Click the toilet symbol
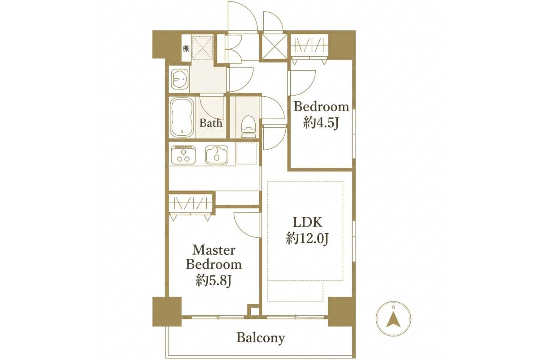click(249, 127)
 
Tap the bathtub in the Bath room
click(182, 117)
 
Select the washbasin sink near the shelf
click(179, 79)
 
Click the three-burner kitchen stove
click(183, 155)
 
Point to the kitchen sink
click(216, 155)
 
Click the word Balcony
click(261, 338)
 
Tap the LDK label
click(307, 222)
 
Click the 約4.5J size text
click(321, 123)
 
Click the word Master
click(214, 250)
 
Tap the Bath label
click(211, 123)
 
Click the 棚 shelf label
click(186, 49)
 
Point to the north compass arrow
click(393, 319)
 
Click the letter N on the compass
click(393, 307)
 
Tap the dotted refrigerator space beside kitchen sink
click(247, 153)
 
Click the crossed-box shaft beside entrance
click(274, 46)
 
